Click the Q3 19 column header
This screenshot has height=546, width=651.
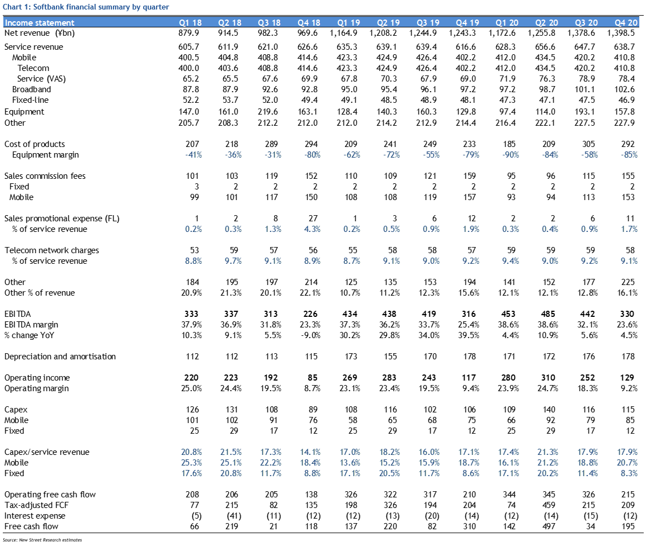(428, 23)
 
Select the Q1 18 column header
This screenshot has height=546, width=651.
(190, 23)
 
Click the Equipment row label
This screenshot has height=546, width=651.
(24, 112)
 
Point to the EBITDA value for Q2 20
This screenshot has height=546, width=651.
(548, 314)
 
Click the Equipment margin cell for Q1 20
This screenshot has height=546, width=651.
(508, 155)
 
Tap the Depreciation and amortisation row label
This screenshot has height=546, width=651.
(60, 357)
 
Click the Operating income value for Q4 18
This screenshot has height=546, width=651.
(313, 378)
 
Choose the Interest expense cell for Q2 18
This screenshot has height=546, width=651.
(232, 516)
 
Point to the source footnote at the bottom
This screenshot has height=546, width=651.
(43, 540)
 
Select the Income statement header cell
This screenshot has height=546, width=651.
(40, 23)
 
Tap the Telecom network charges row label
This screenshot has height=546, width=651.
(52, 250)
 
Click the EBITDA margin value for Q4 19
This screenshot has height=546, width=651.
(469, 325)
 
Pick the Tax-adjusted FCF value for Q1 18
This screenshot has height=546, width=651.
(194, 505)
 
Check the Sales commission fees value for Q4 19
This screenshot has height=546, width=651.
(470, 177)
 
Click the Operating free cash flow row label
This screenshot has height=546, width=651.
(50, 495)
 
